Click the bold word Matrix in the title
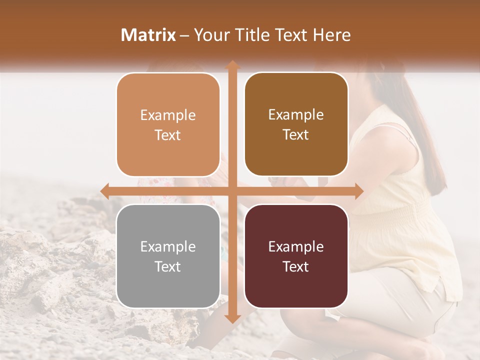[148, 35]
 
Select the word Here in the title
[332, 35]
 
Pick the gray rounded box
[168, 285]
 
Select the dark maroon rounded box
[296, 285]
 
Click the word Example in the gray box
[168, 247]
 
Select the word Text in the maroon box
[296, 266]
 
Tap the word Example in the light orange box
[168, 115]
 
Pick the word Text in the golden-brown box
[296, 135]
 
